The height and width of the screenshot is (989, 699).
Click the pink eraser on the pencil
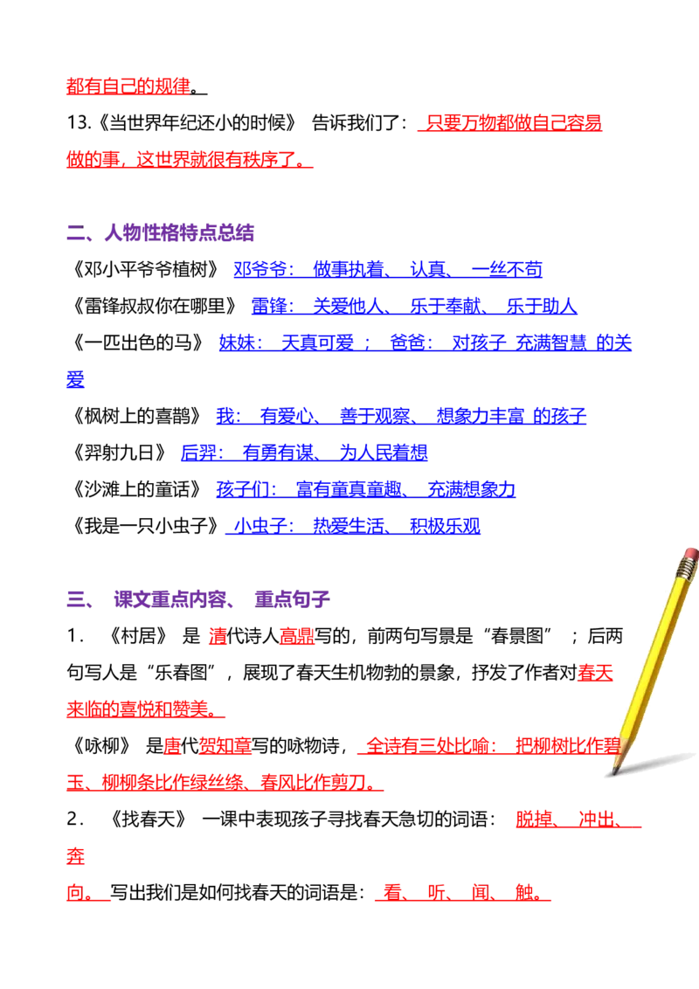(x=689, y=555)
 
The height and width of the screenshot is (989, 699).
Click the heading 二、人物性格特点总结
(x=160, y=232)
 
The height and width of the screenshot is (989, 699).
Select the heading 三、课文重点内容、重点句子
(x=198, y=598)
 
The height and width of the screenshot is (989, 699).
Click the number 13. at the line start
(x=79, y=122)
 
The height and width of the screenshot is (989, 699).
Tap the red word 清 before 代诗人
(x=218, y=635)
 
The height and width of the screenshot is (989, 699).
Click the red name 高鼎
(x=297, y=635)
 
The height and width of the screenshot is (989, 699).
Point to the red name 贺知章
(x=225, y=745)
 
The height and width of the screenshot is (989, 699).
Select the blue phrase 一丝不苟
(x=508, y=269)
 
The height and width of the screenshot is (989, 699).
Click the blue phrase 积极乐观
(x=445, y=525)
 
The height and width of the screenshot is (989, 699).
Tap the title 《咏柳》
(x=101, y=745)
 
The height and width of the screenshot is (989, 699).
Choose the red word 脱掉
(x=534, y=819)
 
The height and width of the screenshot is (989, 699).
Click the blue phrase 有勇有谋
(x=278, y=453)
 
